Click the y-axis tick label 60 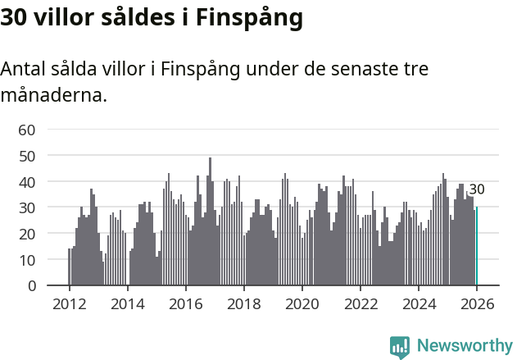27,130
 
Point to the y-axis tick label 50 27,156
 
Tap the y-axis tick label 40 27,182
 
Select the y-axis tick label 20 27,234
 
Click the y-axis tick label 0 31,286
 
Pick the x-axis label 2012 69,303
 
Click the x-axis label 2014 127,303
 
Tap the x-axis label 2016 185,303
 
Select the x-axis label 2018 243,303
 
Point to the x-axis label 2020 302,303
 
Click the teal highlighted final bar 476,246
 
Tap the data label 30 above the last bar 476,189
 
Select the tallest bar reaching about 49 210,221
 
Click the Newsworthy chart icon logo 400,347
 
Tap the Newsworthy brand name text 464,346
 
